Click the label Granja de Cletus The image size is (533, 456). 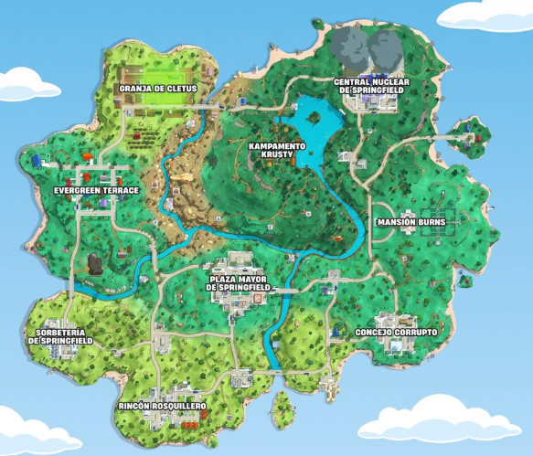(157, 89)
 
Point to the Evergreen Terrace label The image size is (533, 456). (96, 190)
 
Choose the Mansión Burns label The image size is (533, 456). (410, 222)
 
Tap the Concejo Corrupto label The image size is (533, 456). (396, 332)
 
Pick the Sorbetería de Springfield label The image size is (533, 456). (60, 335)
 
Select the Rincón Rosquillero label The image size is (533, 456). (162, 404)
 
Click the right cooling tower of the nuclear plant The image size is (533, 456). (385, 48)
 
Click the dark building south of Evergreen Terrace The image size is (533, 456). (93, 266)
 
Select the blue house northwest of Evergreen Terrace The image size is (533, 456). (37, 161)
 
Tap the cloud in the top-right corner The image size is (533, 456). (485, 13)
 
